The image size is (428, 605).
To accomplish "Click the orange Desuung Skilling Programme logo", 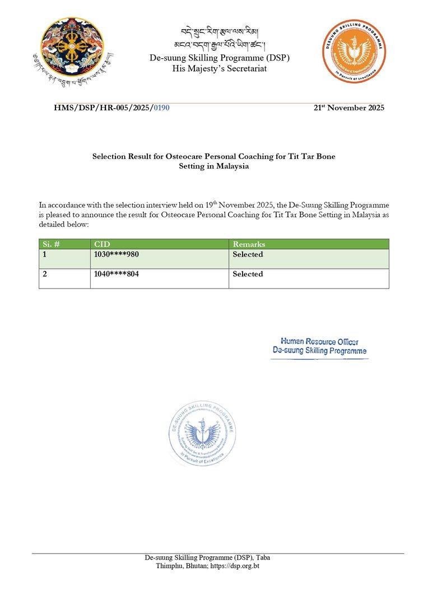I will pos(353,53).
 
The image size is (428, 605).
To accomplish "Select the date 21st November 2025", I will pos(349,108).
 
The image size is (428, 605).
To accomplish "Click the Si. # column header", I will pos(52,245).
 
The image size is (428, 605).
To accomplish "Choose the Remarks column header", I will pos(249,245).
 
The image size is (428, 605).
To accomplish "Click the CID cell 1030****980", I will pos(117,254).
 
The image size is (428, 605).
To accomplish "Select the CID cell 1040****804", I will pos(117,274).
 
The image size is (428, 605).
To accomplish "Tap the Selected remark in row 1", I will pos(248,254).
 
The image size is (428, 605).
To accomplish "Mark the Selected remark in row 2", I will pos(248,274).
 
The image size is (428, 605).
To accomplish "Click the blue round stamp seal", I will pos(202,434).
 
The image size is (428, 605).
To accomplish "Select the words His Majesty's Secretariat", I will pos(220,68).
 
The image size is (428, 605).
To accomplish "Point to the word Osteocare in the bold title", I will pos(184,156).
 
